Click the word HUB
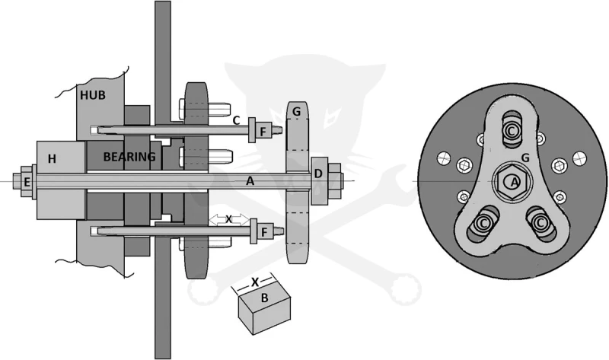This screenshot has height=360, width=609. point(92,95)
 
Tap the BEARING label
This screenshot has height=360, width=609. point(129,157)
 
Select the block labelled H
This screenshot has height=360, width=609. point(61,180)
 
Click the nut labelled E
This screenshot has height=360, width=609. point(26,182)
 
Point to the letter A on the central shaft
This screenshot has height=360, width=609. point(250,180)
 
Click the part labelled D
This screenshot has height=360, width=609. point(319,181)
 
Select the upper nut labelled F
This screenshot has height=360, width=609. point(263,132)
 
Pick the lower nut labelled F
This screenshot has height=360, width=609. point(264,232)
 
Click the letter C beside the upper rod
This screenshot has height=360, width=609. point(236,120)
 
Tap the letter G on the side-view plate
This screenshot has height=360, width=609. point(296,112)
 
